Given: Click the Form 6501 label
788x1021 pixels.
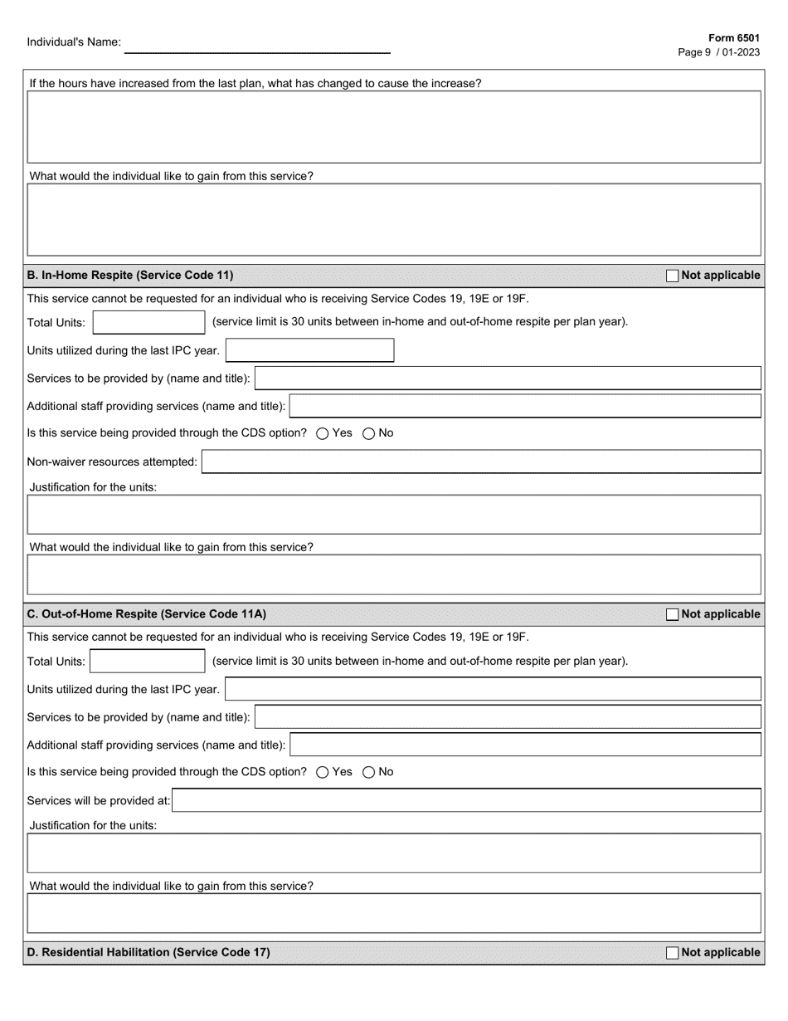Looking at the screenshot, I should pyautogui.click(x=733, y=38).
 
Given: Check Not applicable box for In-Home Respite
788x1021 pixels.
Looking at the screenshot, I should pyautogui.click(x=672, y=276).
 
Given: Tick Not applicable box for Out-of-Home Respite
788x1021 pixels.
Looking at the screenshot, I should pyautogui.click(x=672, y=614).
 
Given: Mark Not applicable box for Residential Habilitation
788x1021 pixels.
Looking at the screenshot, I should pyautogui.click(x=672, y=953).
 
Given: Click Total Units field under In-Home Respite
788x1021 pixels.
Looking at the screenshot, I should pyautogui.click(x=148, y=322).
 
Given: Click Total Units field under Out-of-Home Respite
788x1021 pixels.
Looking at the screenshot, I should pyautogui.click(x=147, y=661).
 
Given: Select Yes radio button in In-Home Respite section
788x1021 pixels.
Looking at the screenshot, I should pyautogui.click(x=323, y=433).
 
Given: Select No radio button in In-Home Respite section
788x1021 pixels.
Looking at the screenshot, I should pyautogui.click(x=368, y=433).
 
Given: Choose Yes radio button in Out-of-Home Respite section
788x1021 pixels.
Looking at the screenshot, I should pyautogui.click(x=323, y=772).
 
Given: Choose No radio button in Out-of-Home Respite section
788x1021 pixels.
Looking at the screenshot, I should pyautogui.click(x=368, y=772).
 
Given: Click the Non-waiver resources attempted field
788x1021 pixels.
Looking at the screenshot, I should pyautogui.click(x=481, y=462).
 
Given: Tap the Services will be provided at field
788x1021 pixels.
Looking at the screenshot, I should pyautogui.click(x=467, y=800).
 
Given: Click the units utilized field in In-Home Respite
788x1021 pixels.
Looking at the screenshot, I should pyautogui.click(x=309, y=350).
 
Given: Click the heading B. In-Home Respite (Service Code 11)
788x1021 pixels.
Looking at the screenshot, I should pyautogui.click(x=130, y=275).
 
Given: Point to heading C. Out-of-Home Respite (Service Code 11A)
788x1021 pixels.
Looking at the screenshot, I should pyautogui.click(x=147, y=614).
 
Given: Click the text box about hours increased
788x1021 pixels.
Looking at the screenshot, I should pyautogui.click(x=394, y=126).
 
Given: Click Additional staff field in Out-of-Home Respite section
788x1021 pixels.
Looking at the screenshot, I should pyautogui.click(x=525, y=745).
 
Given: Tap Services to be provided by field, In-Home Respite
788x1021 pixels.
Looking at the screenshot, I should pyautogui.click(x=508, y=378).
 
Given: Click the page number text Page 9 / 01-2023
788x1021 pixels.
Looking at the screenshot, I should pyautogui.click(x=718, y=51).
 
